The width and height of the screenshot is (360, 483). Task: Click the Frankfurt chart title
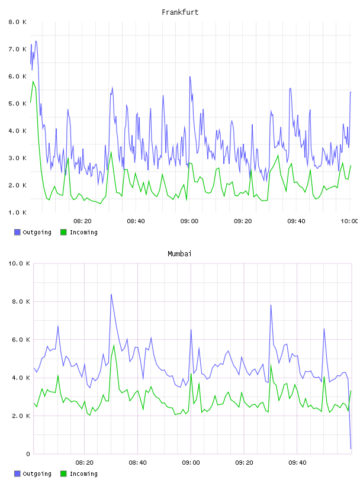[x=180, y=12]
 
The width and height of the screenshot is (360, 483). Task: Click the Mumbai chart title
[x=179, y=254]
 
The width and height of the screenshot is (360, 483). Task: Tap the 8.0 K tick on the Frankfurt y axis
[x=18, y=22]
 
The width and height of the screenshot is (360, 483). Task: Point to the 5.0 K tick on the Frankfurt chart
[x=18, y=104]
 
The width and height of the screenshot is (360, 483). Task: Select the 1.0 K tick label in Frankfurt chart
[x=18, y=212]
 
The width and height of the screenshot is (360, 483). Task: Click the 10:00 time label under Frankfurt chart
[x=349, y=221]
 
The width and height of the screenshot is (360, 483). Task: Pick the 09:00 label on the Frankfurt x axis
[x=189, y=221]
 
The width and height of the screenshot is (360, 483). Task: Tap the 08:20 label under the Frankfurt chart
[x=83, y=221]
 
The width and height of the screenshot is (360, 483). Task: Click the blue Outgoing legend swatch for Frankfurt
[x=17, y=232]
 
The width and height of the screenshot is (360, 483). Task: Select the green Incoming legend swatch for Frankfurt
[x=63, y=232]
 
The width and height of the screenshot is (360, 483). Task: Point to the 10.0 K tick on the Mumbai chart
[x=19, y=263]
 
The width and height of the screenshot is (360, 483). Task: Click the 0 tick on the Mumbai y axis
[x=28, y=454]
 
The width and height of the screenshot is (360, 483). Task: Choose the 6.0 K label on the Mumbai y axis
[x=21, y=340]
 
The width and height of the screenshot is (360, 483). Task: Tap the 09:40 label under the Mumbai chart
[x=297, y=463]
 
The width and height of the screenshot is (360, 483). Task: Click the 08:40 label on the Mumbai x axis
[x=138, y=463]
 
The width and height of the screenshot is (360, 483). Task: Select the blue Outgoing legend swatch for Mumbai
[x=17, y=474]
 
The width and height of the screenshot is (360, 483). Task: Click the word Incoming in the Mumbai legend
[x=83, y=474]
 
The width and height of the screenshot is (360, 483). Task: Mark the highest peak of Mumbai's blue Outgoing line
[x=111, y=295]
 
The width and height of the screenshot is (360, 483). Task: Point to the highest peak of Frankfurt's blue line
[x=36, y=41]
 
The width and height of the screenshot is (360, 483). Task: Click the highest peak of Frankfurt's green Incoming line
[x=33, y=81]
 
